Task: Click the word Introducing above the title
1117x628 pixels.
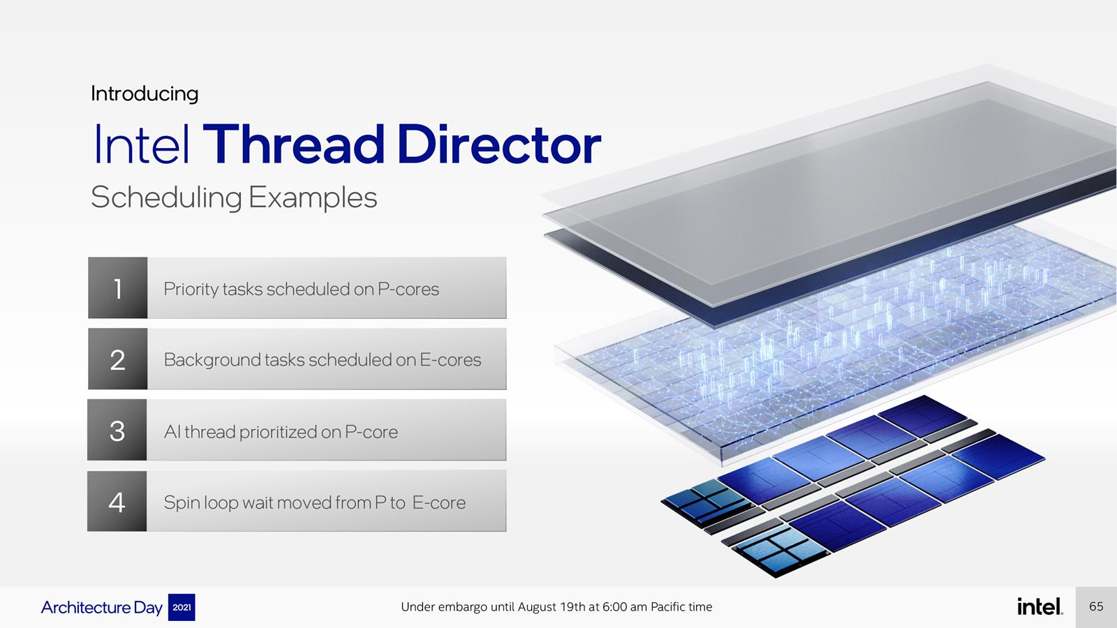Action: coord(145,94)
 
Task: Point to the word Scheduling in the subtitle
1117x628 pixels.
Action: coord(167,198)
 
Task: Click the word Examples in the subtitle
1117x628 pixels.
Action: coord(313,197)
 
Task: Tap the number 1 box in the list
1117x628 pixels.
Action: coord(118,287)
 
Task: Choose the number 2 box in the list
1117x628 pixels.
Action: coord(118,359)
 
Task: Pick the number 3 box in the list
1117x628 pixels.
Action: coord(117,430)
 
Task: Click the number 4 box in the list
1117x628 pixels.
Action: coord(117,501)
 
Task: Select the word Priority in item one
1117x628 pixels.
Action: coord(191,290)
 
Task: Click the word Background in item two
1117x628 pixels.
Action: coord(212,360)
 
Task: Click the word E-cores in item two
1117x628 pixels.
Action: coord(450,360)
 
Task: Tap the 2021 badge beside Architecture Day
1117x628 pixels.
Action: coord(182,607)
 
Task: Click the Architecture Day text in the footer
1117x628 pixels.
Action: coord(102,608)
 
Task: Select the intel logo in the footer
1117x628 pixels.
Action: coord(1040,606)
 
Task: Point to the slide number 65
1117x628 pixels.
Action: coord(1096,606)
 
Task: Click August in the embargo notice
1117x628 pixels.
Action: coord(536,608)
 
